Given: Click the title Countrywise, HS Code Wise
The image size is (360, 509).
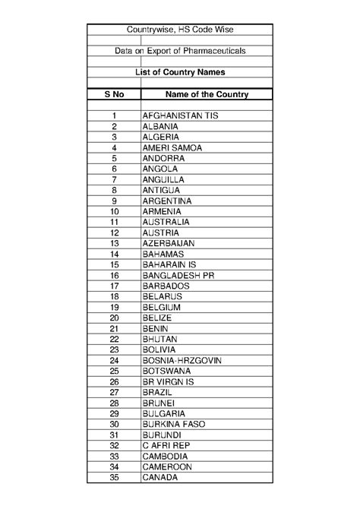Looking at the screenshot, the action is (180, 29).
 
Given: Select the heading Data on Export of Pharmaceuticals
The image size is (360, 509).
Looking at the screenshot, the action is (180, 50).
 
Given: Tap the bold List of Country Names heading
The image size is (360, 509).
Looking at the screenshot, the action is (180, 72).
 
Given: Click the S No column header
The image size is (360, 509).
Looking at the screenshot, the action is (114, 94).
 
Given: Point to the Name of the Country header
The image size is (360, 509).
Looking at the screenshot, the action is (196, 94).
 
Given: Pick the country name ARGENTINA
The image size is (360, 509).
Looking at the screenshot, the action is (166, 201).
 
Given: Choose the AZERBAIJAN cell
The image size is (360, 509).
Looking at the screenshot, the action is (169, 243).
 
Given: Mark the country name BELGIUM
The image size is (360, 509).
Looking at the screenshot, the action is (161, 307).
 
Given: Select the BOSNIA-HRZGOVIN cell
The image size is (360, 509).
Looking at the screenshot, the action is (182, 360).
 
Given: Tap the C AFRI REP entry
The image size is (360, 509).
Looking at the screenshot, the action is (166, 445).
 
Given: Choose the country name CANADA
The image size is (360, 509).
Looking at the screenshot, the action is (159, 477).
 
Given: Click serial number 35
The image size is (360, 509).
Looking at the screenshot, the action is (115, 477).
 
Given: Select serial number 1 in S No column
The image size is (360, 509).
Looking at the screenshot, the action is (115, 115).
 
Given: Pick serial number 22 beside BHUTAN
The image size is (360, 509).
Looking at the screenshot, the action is (115, 339).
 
